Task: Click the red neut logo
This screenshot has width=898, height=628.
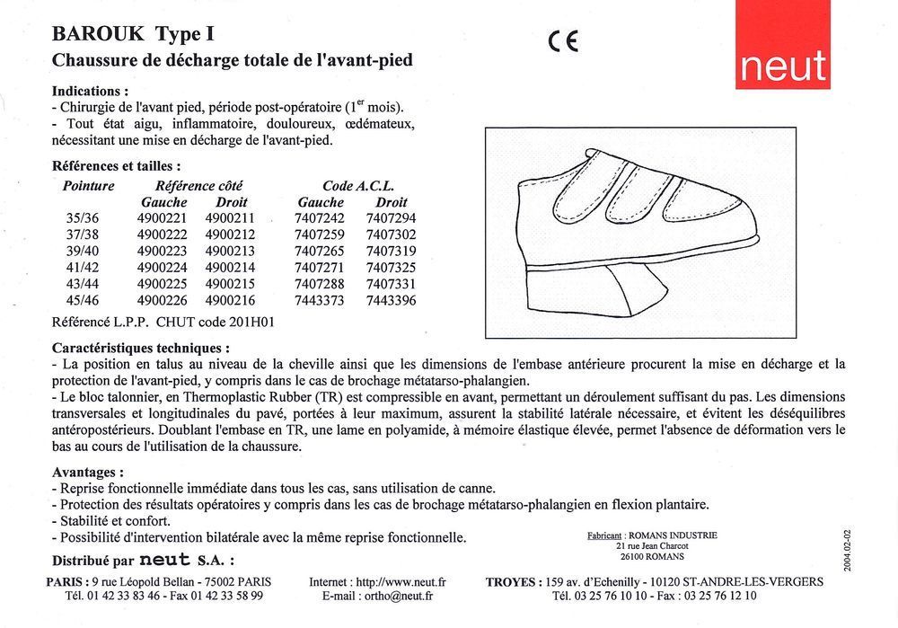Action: point(780,45)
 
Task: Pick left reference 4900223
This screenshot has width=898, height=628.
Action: point(162,251)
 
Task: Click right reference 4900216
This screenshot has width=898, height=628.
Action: point(230,300)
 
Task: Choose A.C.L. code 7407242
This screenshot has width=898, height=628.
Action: point(320,218)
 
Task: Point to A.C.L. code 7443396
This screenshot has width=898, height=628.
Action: point(392,300)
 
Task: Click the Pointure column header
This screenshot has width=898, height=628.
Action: point(89,186)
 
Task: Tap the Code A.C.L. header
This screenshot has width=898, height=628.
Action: point(358,186)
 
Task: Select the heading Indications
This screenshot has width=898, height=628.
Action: point(90,92)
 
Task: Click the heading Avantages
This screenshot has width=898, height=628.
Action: point(88,471)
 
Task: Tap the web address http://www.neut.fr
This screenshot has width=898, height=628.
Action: point(401,581)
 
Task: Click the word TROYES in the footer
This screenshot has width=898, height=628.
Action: point(513,581)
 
